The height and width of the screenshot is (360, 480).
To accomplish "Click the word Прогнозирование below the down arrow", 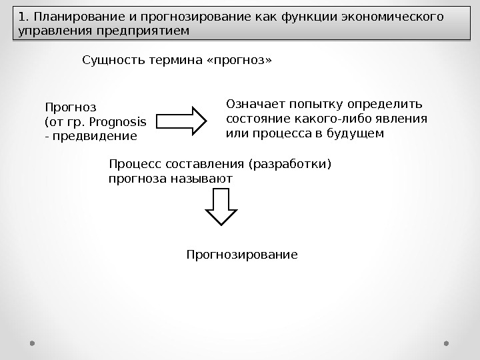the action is point(241,255).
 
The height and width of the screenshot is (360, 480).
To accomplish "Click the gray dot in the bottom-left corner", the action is point(33,343).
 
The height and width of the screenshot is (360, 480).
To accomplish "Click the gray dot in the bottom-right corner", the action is point(446,343).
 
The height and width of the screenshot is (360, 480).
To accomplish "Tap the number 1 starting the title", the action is point(21,17).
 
